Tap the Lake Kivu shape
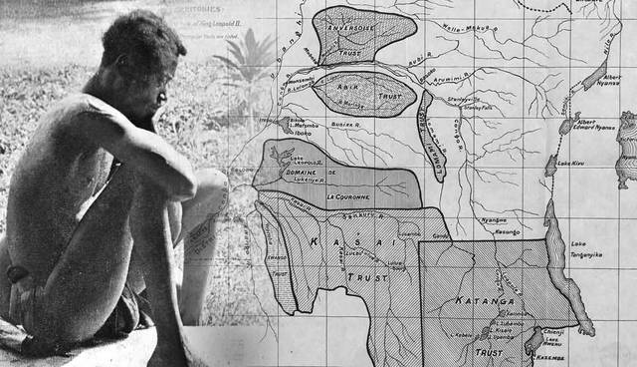tap(550, 166)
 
